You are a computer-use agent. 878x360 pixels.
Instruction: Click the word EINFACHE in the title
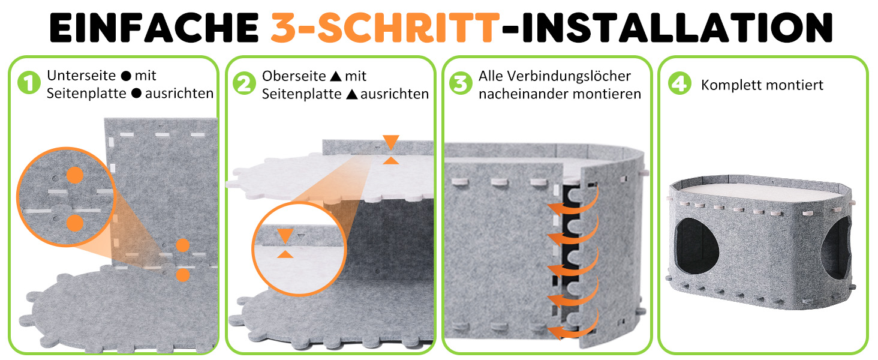click(x=154, y=28)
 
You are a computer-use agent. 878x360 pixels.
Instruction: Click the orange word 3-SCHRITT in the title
click(x=385, y=28)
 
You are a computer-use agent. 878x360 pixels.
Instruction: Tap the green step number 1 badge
click(x=29, y=83)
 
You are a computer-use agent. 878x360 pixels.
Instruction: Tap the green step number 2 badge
click(x=244, y=83)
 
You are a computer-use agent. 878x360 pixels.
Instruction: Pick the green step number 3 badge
click(x=461, y=83)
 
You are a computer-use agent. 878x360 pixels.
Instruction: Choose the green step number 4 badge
click(x=679, y=83)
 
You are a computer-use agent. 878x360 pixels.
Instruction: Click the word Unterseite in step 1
click(x=81, y=75)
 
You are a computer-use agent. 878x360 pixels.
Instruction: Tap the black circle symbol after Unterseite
click(x=126, y=76)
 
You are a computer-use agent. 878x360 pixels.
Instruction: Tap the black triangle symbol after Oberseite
click(x=336, y=76)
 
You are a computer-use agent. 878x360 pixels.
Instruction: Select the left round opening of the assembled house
click(x=697, y=246)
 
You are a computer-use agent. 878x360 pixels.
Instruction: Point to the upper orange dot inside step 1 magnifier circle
click(x=75, y=175)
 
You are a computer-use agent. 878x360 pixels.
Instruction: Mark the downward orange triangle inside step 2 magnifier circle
click(x=285, y=236)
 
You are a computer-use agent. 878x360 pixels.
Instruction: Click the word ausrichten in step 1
click(x=179, y=94)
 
